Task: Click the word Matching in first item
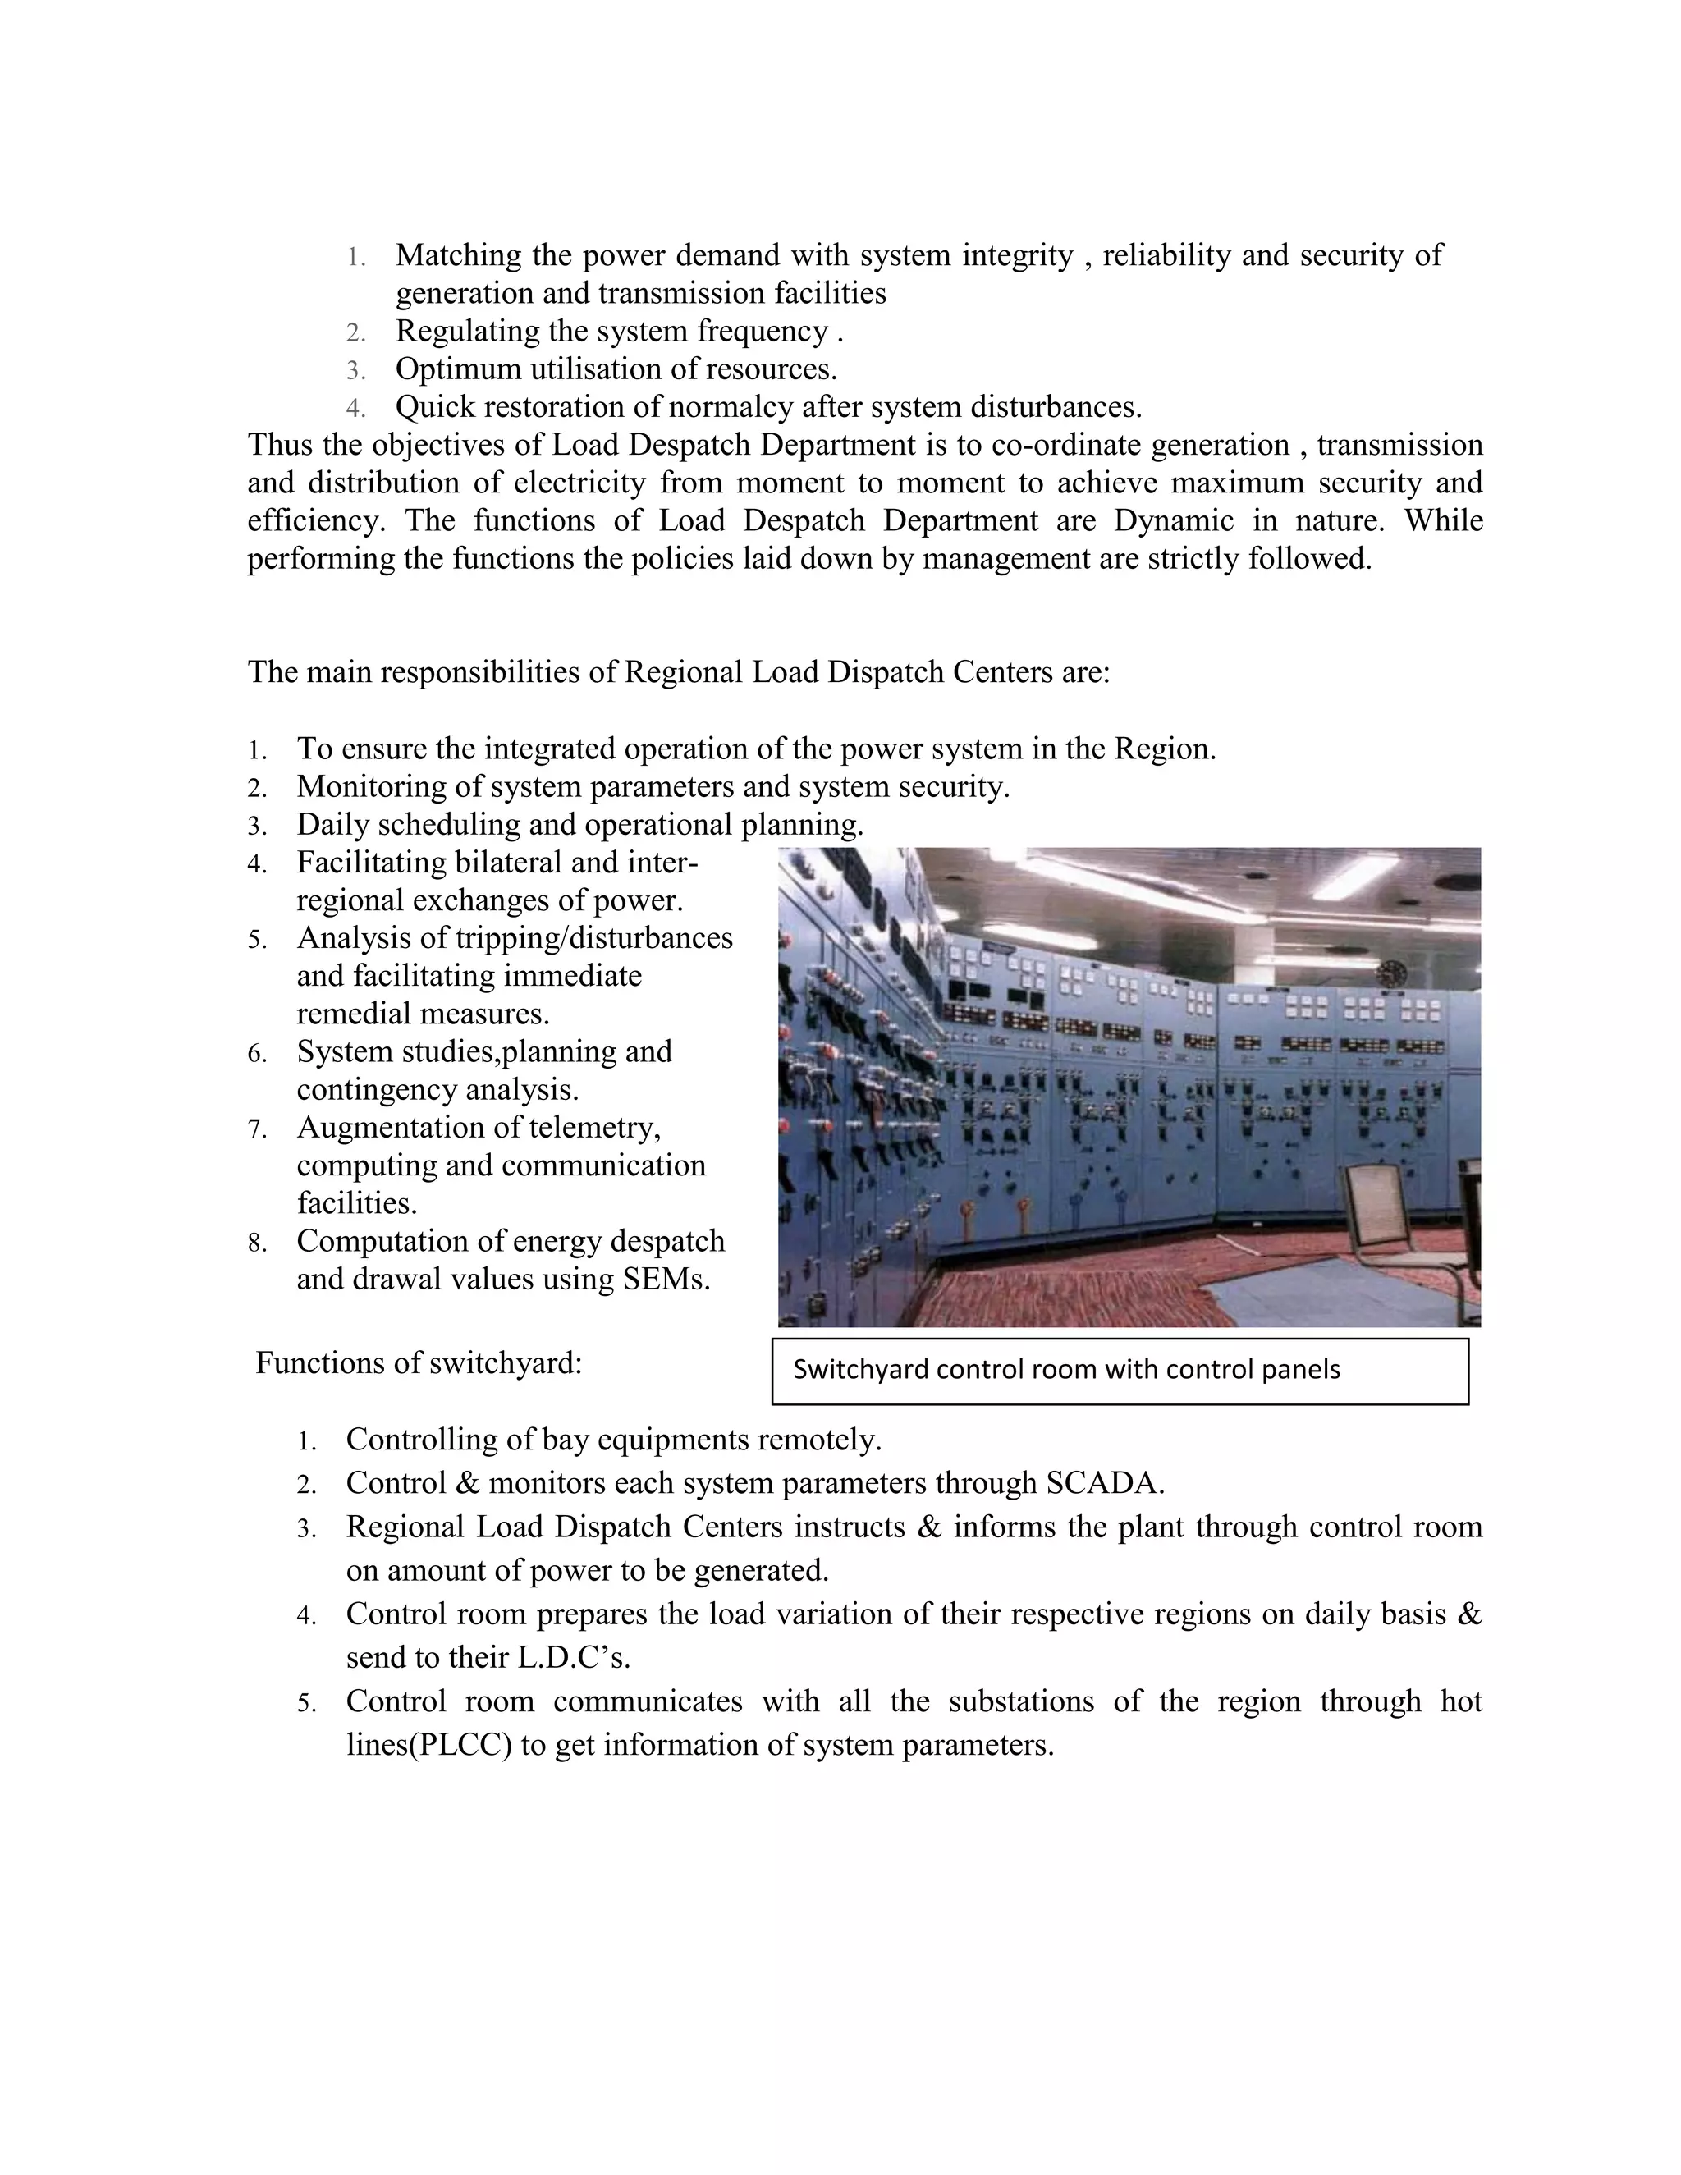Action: click(x=458, y=256)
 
